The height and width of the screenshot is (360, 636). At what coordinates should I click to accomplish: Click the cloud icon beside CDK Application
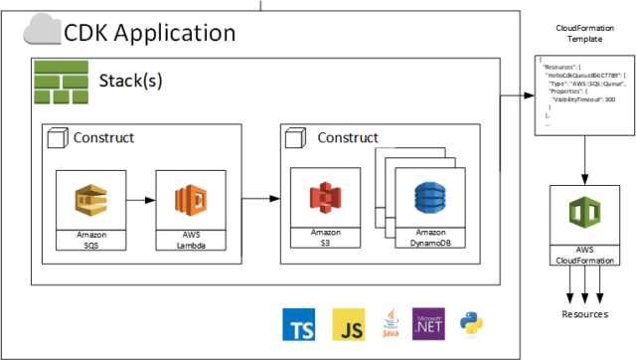click(41, 33)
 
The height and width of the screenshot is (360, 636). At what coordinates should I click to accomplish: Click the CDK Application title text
click(149, 33)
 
